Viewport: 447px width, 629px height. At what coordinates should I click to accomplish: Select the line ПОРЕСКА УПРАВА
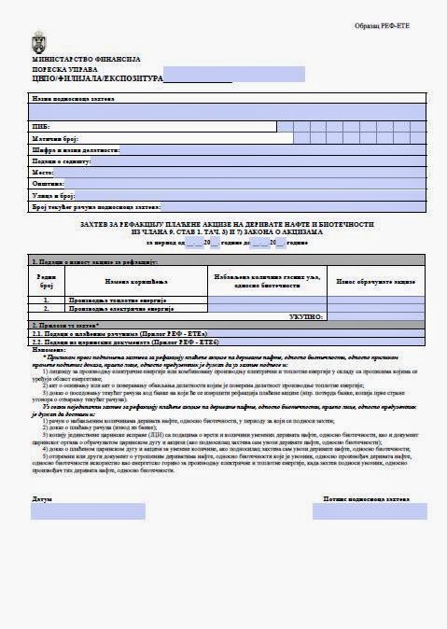tap(65, 69)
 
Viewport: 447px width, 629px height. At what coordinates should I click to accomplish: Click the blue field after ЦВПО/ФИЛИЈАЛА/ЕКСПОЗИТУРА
tap(227, 77)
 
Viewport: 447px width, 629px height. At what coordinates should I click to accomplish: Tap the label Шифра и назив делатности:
tap(76, 149)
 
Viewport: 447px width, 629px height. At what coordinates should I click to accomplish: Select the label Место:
tap(43, 173)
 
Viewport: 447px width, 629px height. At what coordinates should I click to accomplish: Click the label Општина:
tap(48, 184)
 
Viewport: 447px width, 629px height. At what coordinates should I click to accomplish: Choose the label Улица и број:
tap(53, 196)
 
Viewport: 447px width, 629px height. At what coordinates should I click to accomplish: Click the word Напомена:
tap(50, 349)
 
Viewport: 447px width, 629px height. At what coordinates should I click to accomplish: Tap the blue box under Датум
tap(89, 510)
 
